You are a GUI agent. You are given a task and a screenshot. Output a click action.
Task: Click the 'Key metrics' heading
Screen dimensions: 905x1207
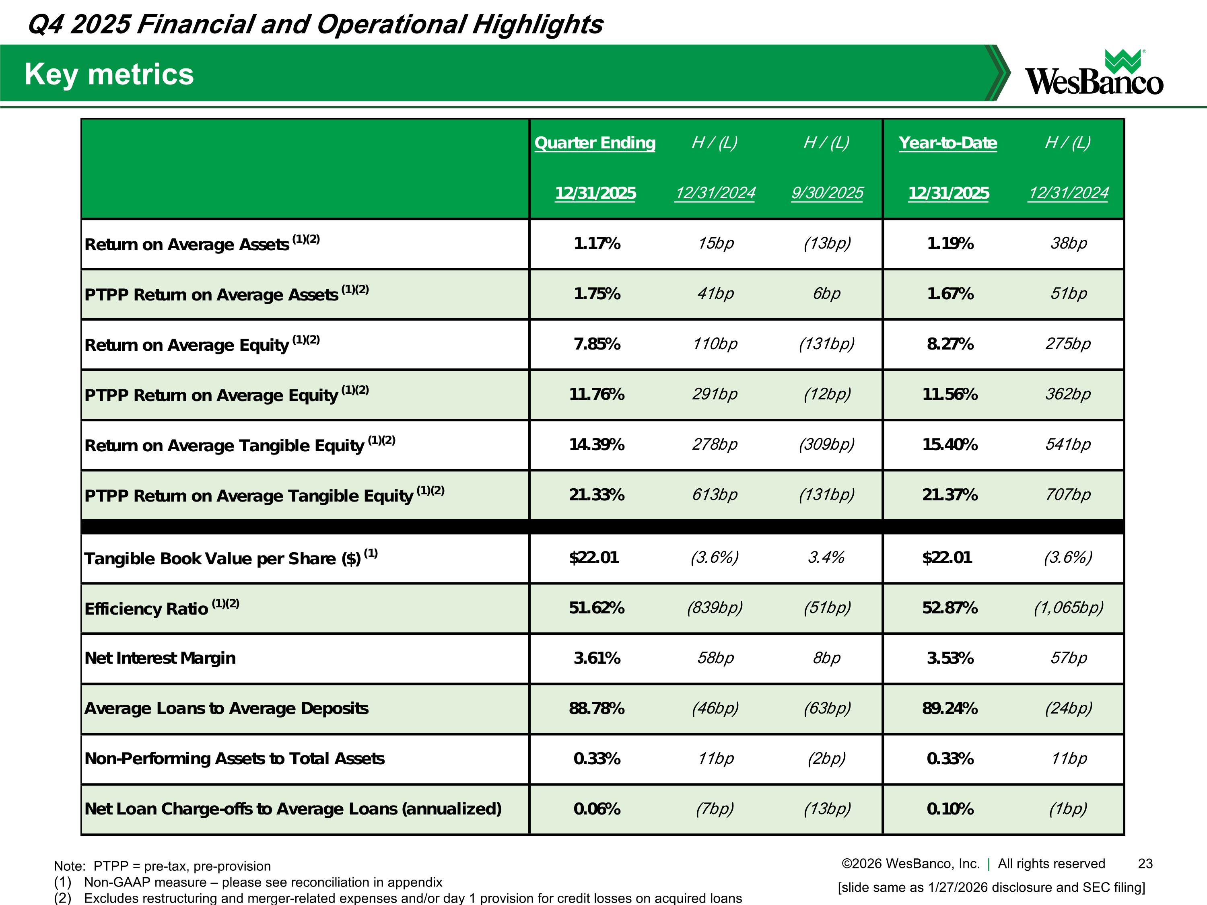tap(109, 74)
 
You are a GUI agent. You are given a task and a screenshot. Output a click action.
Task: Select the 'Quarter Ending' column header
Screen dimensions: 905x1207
tap(595, 143)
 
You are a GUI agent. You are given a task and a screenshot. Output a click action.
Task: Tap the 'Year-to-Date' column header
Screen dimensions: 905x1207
tap(948, 143)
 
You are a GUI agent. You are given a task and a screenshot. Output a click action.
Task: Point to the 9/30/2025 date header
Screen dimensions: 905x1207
tap(827, 193)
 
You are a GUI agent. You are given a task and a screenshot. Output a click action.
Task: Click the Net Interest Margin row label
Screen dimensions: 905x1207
tap(160, 658)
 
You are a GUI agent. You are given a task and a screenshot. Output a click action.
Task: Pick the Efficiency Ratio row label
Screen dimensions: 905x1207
tap(146, 608)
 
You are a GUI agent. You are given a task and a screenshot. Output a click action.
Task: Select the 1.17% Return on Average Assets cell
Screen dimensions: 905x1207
tap(596, 243)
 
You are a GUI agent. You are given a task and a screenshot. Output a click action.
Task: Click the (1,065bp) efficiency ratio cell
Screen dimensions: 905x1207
tap(1068, 608)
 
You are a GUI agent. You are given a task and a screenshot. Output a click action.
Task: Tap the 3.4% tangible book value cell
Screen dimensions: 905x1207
tap(826, 557)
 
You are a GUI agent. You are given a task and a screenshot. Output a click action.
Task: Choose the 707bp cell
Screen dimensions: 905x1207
tap(1068, 495)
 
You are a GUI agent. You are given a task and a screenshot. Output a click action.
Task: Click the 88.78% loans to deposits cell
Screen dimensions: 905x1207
tap(596, 709)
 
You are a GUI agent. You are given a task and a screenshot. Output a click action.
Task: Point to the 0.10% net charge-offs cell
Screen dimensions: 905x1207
tap(950, 809)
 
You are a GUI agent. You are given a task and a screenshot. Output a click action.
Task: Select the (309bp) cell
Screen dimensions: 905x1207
tap(826, 444)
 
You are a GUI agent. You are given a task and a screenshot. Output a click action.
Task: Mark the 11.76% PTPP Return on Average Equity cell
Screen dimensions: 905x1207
tap(596, 395)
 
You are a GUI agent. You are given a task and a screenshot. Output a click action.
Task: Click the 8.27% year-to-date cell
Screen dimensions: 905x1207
tap(950, 344)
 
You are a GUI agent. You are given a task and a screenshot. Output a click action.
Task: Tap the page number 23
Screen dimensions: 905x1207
tap(1145, 864)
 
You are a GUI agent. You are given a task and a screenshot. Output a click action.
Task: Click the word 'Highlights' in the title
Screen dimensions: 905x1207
tap(538, 25)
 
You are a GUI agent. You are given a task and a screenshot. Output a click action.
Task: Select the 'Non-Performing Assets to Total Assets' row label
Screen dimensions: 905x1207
tap(235, 759)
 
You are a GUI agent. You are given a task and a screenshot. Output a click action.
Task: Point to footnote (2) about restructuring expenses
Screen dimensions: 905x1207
tap(398, 898)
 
